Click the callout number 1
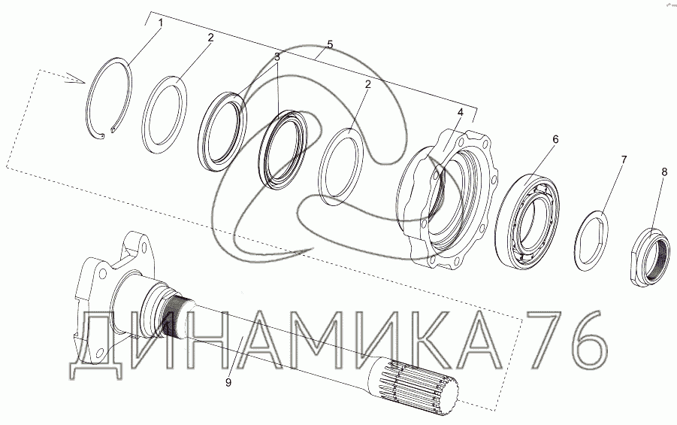160,23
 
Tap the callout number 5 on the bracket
331,44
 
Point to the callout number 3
277,56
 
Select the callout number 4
461,112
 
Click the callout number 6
555,139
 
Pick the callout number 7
624,160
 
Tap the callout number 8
664,172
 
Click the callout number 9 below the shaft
228,382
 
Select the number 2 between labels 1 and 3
210,37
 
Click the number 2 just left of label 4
367,84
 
